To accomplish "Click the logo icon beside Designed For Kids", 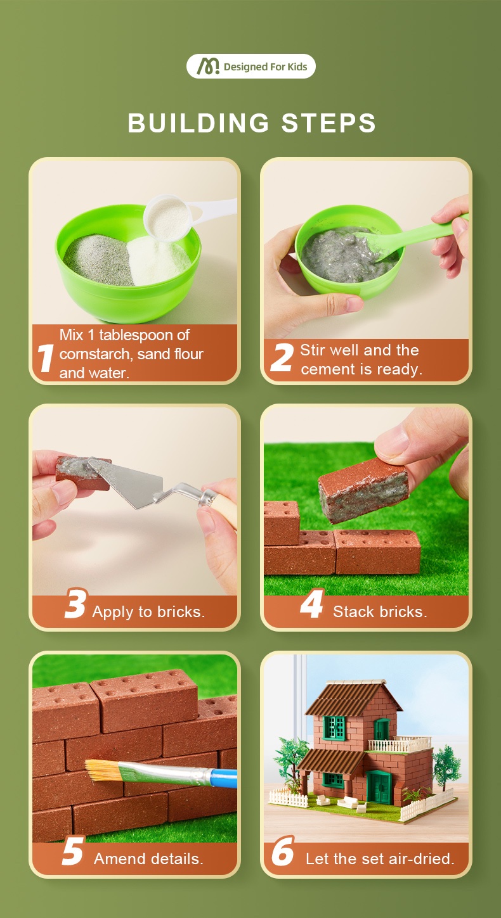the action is (x=208, y=66).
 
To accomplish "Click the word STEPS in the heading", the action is (x=329, y=122).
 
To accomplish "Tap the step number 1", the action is (x=45, y=358).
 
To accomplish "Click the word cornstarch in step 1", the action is (x=96, y=354).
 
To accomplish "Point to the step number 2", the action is (x=282, y=357).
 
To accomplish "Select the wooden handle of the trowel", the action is (x=224, y=508).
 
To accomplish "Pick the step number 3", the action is (x=75, y=603).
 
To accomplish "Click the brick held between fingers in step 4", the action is (x=363, y=490).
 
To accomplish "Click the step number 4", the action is (x=312, y=603).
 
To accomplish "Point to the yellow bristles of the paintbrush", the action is (x=105, y=770).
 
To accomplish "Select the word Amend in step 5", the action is (x=119, y=858).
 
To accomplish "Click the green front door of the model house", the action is (x=379, y=787).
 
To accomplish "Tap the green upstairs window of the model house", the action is (x=334, y=728).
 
